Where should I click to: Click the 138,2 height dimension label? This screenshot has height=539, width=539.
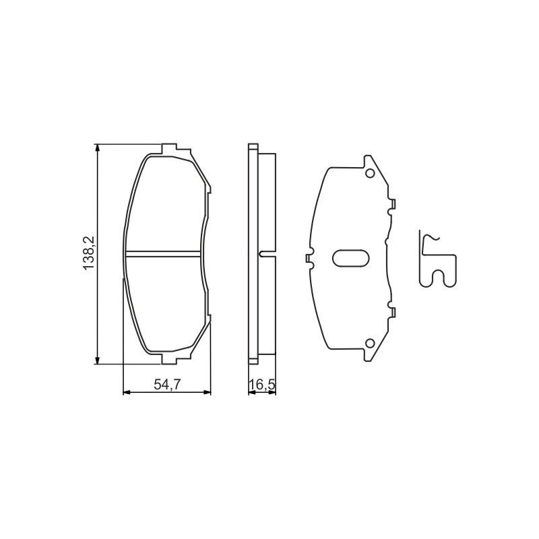[88, 253]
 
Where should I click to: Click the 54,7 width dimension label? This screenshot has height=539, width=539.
[167, 385]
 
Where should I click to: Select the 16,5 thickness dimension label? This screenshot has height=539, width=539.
[263, 385]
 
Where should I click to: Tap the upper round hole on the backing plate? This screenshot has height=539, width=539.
[370, 174]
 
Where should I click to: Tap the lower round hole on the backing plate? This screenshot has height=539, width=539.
[370, 343]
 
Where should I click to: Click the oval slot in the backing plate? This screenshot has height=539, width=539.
[351, 258]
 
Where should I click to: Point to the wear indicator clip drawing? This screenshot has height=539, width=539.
[438, 259]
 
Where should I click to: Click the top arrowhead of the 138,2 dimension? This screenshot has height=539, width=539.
[98, 148]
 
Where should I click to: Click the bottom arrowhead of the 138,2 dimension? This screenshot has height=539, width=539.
[98, 360]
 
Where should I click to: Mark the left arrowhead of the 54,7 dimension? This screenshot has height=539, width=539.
[127, 392]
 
